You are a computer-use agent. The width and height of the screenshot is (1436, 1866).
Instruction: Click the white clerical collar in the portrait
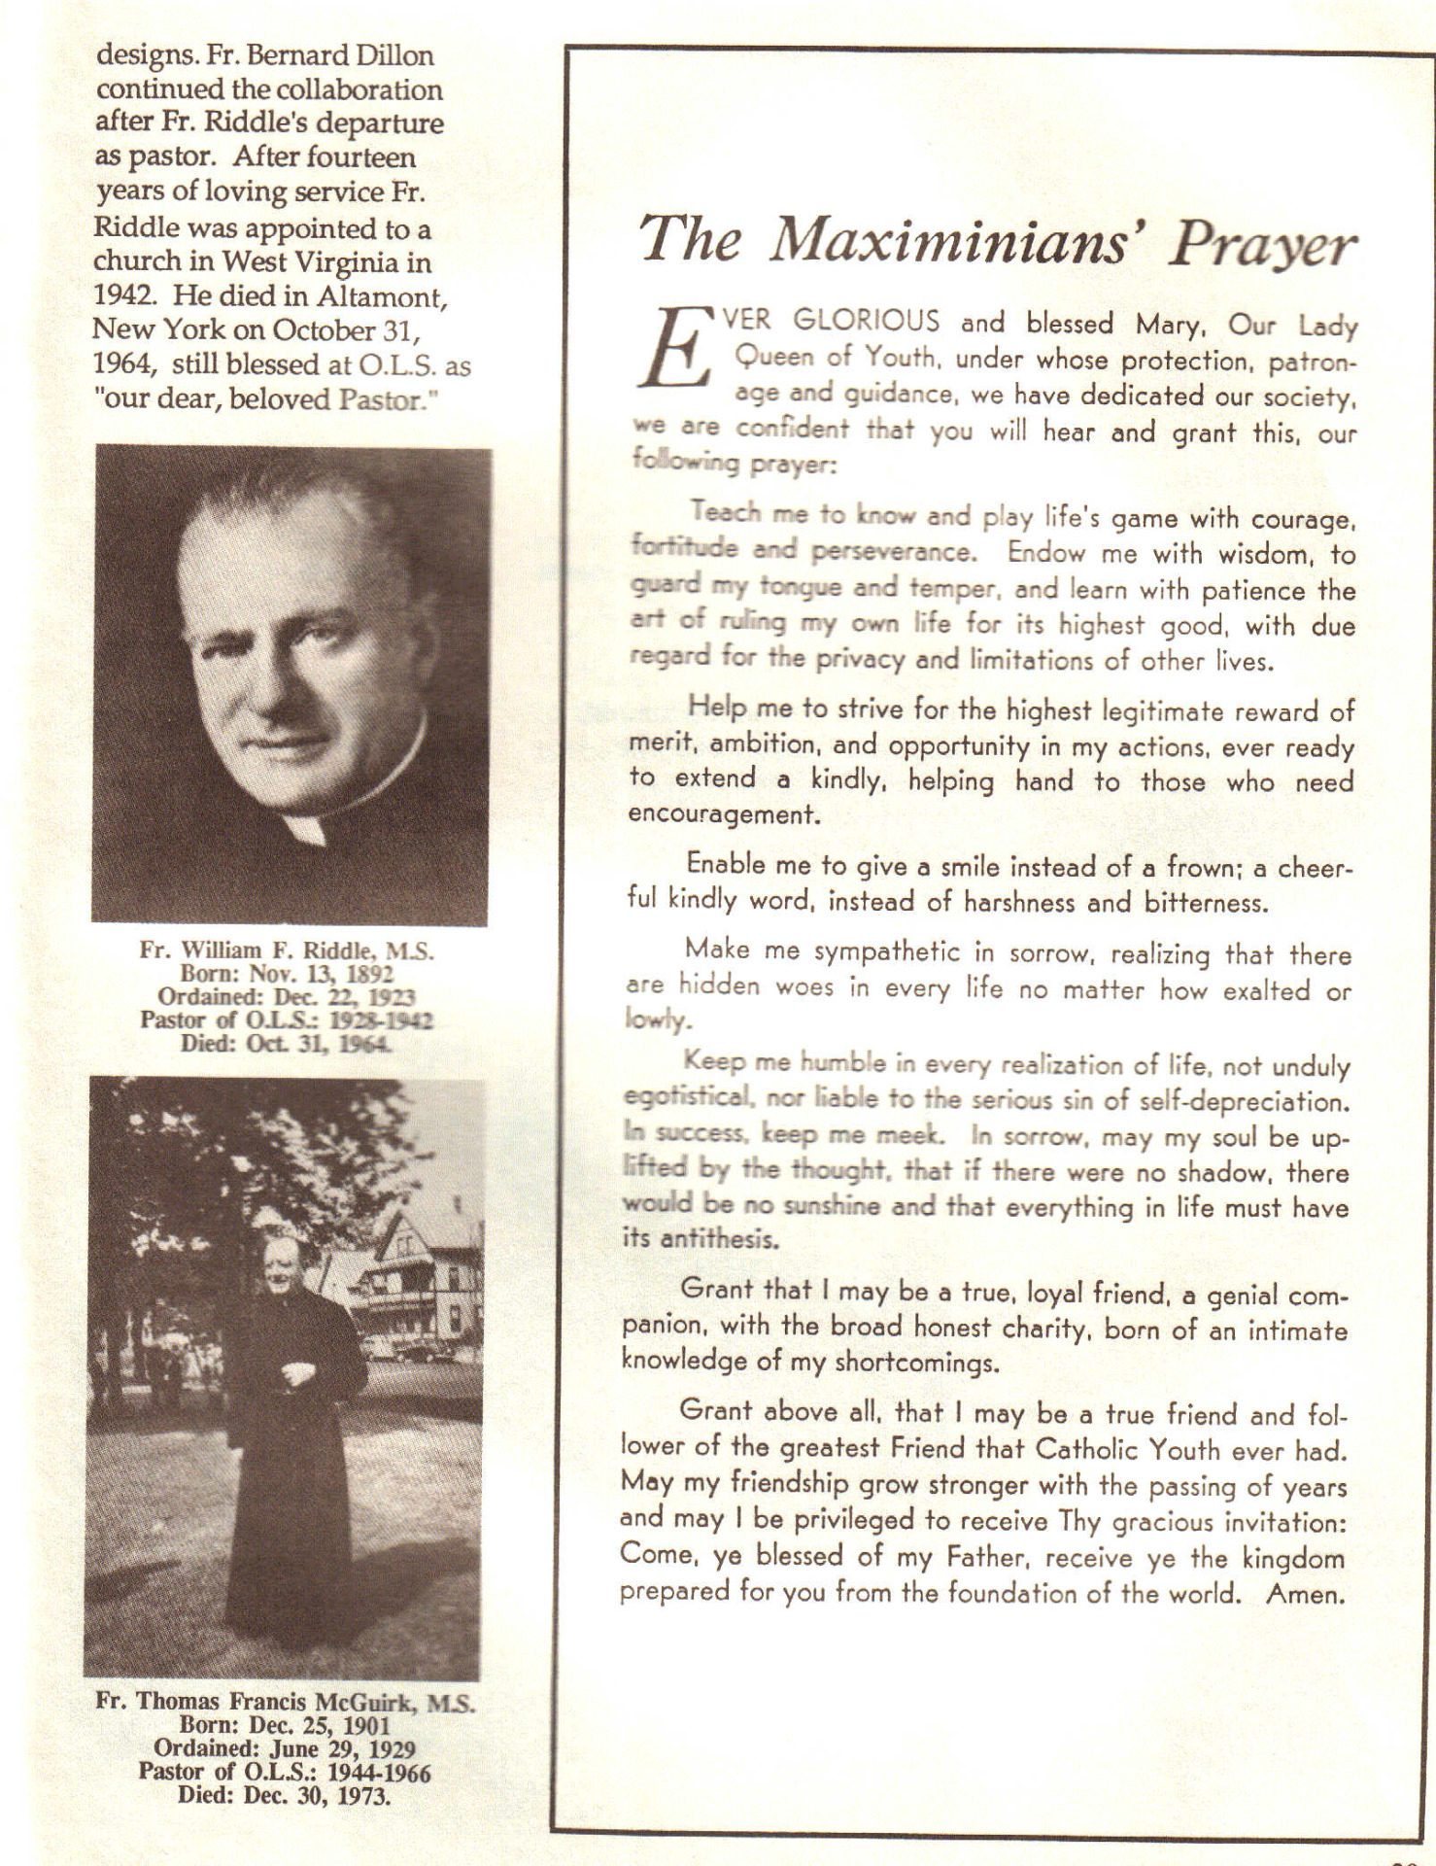(305, 828)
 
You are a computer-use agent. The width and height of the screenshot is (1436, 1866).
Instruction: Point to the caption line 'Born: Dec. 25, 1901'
(285, 1726)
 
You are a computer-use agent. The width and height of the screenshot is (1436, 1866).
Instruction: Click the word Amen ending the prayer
(1306, 1595)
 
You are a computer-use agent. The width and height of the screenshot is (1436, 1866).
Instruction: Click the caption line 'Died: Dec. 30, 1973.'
(285, 1794)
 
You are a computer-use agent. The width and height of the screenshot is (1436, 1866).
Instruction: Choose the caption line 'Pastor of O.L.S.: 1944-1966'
(285, 1772)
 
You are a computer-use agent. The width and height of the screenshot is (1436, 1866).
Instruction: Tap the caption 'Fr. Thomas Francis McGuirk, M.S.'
(285, 1703)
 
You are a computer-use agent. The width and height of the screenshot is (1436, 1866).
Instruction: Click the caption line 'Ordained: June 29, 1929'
(285, 1749)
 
